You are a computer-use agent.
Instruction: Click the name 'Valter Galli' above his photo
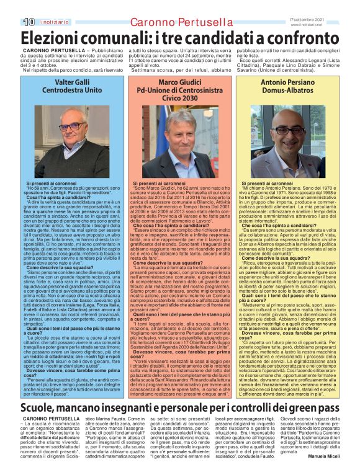coord(73,82)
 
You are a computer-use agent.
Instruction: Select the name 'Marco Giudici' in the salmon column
coord(179,82)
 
